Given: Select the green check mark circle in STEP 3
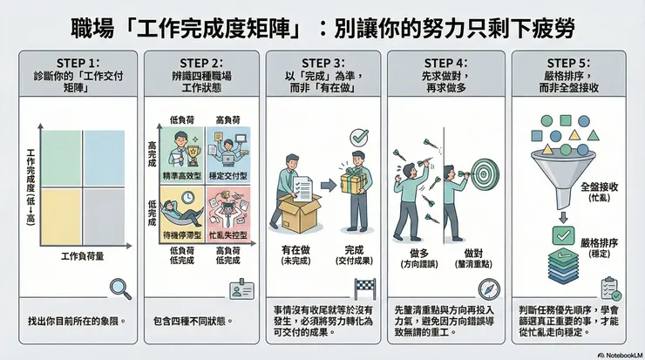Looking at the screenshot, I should (x=358, y=138).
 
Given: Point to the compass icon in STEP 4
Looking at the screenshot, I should (x=488, y=289).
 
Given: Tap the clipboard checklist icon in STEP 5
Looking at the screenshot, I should (x=609, y=288).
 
